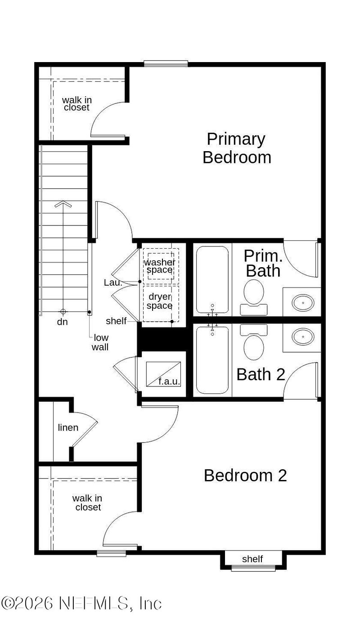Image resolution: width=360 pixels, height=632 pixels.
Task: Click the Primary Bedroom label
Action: tap(237, 148)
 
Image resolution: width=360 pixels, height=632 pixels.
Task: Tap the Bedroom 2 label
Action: tap(245, 475)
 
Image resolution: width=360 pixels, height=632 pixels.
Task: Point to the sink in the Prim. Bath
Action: tap(303, 303)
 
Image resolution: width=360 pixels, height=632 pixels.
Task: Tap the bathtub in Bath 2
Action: tap(212, 360)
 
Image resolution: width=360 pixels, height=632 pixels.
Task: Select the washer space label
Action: tap(159, 266)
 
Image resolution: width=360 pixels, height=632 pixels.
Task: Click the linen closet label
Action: tap(68, 428)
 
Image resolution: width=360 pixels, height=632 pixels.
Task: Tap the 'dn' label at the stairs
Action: tap(63, 322)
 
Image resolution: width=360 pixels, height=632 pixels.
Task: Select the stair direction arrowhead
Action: tap(63, 204)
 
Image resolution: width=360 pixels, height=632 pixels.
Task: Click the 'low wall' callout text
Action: tap(100, 342)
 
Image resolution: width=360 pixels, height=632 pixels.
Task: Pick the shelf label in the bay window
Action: tap(252, 559)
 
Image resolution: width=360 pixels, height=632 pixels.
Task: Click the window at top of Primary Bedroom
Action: tap(166, 63)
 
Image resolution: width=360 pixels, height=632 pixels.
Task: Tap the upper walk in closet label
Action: tap(76, 104)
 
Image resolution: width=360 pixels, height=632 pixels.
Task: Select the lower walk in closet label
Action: tap(88, 503)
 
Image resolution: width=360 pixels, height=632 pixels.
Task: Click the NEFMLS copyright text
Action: tap(81, 603)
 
